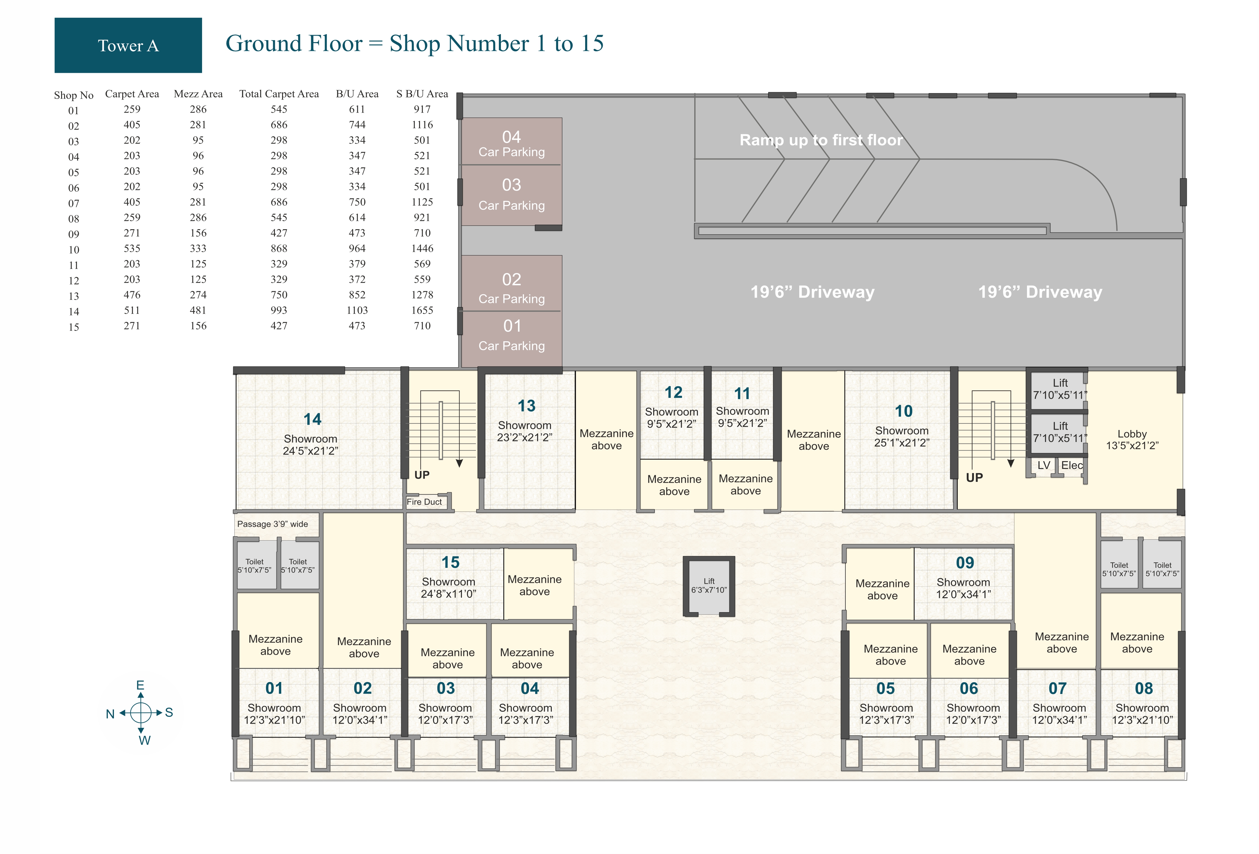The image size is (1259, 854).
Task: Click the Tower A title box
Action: [x=128, y=46]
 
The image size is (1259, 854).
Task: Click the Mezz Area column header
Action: [x=198, y=94]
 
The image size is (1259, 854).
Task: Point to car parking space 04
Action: [x=511, y=141]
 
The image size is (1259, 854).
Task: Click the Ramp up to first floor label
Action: [x=821, y=140]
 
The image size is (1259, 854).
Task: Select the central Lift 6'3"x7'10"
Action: [x=709, y=586]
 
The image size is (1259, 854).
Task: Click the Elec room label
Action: [x=1072, y=465]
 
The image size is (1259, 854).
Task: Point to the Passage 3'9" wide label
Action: [x=272, y=524]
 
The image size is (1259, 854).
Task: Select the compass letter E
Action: [x=140, y=686]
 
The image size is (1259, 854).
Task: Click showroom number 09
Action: [x=965, y=563]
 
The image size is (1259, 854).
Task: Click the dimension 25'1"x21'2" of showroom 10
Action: [x=901, y=443]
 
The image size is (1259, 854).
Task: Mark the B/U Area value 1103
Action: [x=357, y=310]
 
